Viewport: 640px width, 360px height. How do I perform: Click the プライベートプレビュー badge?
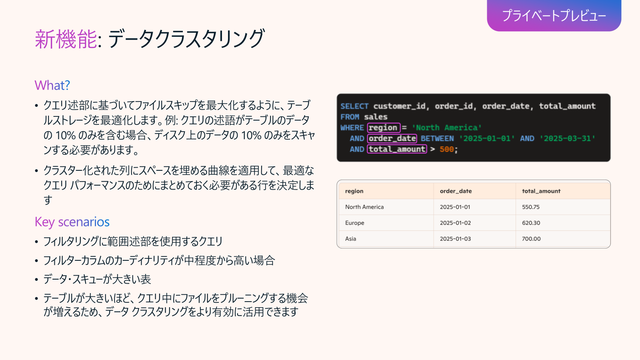554,16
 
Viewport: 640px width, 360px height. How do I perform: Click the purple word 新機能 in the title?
66,39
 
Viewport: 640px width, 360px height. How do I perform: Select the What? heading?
52,85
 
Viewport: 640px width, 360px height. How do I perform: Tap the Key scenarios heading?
72,222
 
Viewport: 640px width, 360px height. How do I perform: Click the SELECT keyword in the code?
354,106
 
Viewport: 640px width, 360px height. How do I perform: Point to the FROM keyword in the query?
350,117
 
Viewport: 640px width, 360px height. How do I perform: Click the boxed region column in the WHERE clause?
384,128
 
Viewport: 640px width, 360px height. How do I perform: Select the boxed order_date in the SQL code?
392,138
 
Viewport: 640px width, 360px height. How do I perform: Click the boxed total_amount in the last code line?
397,149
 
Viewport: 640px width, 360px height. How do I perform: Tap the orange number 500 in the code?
446,149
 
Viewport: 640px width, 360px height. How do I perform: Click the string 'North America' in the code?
446,128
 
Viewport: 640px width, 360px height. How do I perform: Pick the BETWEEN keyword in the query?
437,138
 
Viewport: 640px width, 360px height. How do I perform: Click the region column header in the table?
354,191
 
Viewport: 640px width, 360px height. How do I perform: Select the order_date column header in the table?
456,191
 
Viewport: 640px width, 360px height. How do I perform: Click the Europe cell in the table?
354,223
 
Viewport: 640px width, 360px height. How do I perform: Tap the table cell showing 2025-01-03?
455,239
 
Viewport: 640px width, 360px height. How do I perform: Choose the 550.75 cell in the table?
530,207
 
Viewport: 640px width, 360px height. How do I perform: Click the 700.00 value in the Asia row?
531,239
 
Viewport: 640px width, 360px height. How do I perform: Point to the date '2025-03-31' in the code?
567,138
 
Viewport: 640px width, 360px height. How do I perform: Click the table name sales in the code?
376,117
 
